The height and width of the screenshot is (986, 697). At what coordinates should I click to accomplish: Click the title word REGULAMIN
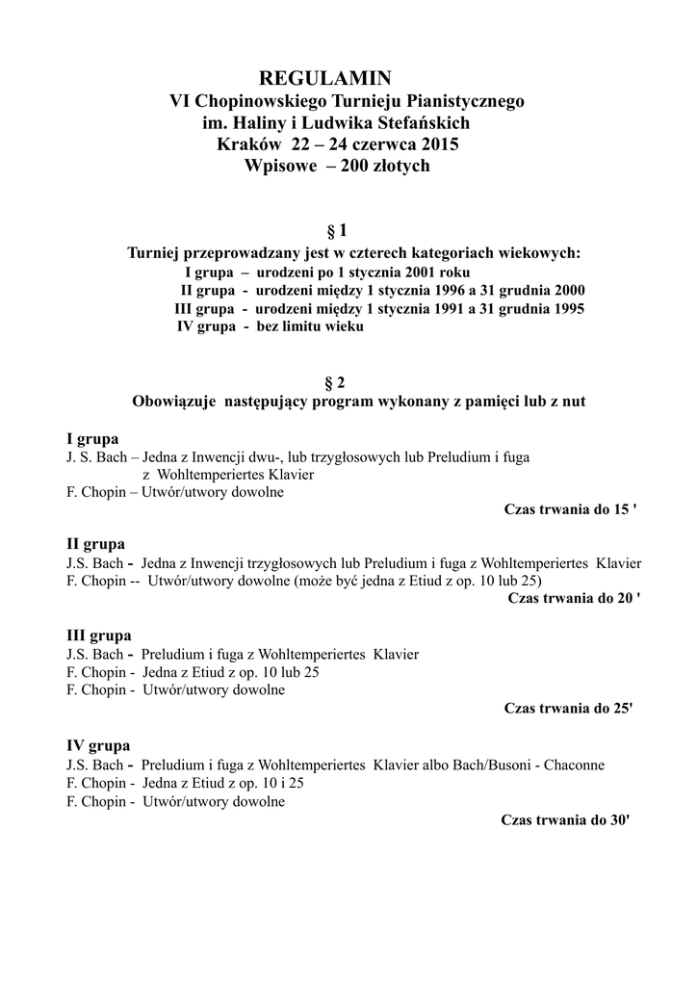point(326,78)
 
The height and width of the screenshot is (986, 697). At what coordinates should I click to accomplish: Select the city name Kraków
point(249,144)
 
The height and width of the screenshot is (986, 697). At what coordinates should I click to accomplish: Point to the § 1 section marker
point(337,231)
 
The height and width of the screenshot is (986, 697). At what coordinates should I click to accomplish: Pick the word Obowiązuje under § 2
point(173,401)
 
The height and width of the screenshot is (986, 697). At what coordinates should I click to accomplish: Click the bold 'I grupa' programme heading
point(92,438)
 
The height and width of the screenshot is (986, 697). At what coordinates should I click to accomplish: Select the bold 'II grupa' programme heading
point(95,544)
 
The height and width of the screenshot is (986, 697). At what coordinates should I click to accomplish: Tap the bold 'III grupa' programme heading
point(98,636)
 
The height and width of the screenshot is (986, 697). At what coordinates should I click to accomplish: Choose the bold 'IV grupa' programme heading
point(98,746)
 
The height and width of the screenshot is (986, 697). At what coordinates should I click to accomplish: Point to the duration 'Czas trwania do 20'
point(572,598)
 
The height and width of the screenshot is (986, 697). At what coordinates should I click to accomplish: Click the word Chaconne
point(575,765)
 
